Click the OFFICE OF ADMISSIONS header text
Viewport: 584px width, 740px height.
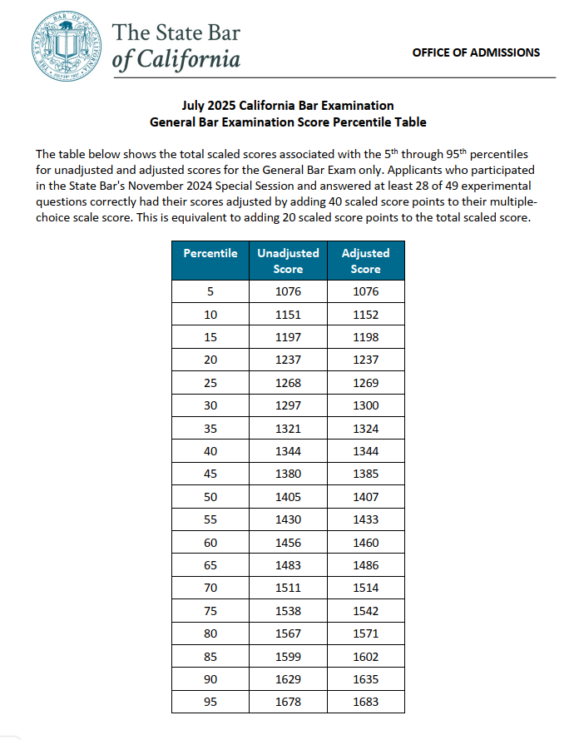tap(476, 52)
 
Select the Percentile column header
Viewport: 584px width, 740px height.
tap(210, 253)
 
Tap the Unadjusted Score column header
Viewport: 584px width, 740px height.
tap(288, 261)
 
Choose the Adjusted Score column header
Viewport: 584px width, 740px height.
tap(365, 261)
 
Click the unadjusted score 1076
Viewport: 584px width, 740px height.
tap(288, 291)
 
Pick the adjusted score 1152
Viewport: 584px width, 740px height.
tap(365, 315)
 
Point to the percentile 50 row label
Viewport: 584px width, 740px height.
tap(210, 497)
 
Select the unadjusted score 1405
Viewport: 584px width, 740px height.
tap(288, 497)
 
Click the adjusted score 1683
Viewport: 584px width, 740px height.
tap(365, 702)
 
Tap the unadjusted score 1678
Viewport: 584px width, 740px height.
tap(288, 702)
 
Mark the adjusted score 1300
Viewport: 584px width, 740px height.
tap(365, 405)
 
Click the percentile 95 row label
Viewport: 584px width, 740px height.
tap(210, 702)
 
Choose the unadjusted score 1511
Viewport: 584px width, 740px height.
tap(288, 588)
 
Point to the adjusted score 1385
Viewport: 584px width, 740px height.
tap(365, 474)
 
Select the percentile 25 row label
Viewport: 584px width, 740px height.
tap(210, 383)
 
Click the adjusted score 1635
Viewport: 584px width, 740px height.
tap(365, 679)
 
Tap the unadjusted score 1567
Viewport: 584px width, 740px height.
tap(288, 633)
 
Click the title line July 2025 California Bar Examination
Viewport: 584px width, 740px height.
tap(288, 106)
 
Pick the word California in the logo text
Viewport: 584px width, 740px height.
tap(188, 60)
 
